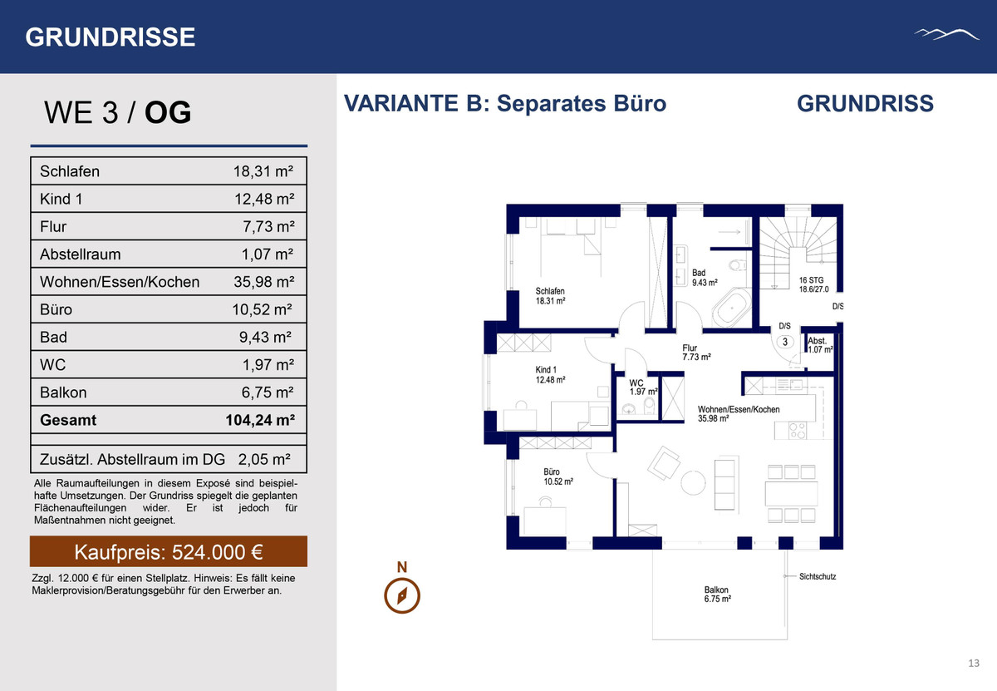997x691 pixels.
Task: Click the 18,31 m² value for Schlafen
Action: [263, 171]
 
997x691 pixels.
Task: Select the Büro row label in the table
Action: [56, 309]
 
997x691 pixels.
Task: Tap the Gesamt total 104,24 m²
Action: [260, 420]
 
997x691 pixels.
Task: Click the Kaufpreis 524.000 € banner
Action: [168, 551]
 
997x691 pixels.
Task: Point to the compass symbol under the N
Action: [402, 595]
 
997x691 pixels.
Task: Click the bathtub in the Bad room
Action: [732, 308]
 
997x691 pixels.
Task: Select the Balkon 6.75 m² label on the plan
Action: [717, 595]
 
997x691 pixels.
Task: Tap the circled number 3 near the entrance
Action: [785, 342]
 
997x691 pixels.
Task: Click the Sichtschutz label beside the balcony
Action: [818, 576]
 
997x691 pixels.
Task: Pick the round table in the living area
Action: [693, 483]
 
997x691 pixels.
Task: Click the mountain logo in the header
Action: [946, 34]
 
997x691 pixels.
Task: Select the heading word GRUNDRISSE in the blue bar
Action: [111, 37]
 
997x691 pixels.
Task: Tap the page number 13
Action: [974, 663]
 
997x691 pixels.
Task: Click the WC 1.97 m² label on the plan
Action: [643, 387]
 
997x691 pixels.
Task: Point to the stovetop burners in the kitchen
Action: [797, 431]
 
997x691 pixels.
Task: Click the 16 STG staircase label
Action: [813, 284]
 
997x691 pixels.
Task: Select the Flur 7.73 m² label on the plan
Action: [696, 353]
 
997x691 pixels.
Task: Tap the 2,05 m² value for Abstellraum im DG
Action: [264, 459]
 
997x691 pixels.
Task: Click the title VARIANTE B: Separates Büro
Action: [505, 104]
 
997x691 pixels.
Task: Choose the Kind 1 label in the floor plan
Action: [546, 370]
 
